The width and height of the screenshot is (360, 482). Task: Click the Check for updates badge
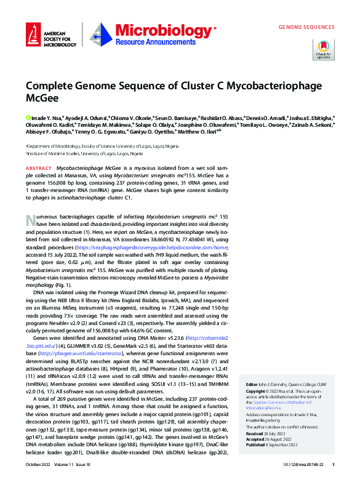tap(324, 49)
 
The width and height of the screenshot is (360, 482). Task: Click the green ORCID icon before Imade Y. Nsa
tap(28, 116)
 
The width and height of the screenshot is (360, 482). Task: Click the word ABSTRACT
tap(39, 167)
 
